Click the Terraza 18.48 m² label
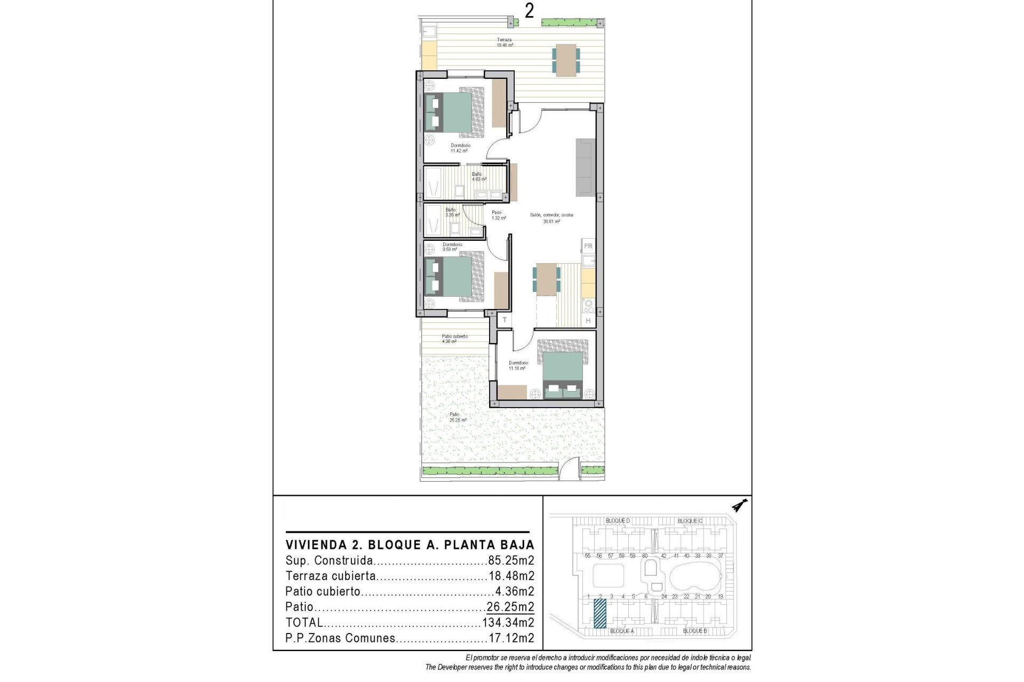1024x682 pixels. pyautogui.click(x=505, y=43)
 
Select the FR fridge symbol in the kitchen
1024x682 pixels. pyautogui.click(x=588, y=246)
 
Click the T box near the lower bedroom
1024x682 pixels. pyautogui.click(x=504, y=320)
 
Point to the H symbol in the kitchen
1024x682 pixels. pyautogui.click(x=588, y=320)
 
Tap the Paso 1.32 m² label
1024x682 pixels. pyautogui.click(x=497, y=215)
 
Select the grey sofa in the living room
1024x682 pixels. pyautogui.click(x=585, y=167)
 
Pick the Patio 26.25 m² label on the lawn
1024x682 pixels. pyautogui.click(x=457, y=417)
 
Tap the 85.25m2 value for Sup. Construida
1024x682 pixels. pyautogui.click(x=511, y=561)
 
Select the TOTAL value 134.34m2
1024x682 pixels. pyautogui.click(x=508, y=622)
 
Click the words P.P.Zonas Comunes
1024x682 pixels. pyautogui.click(x=340, y=638)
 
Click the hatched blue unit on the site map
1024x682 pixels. pyautogui.click(x=600, y=613)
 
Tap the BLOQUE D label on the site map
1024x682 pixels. pyautogui.click(x=618, y=521)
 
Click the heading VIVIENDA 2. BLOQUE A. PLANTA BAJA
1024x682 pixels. pyautogui.click(x=410, y=545)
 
